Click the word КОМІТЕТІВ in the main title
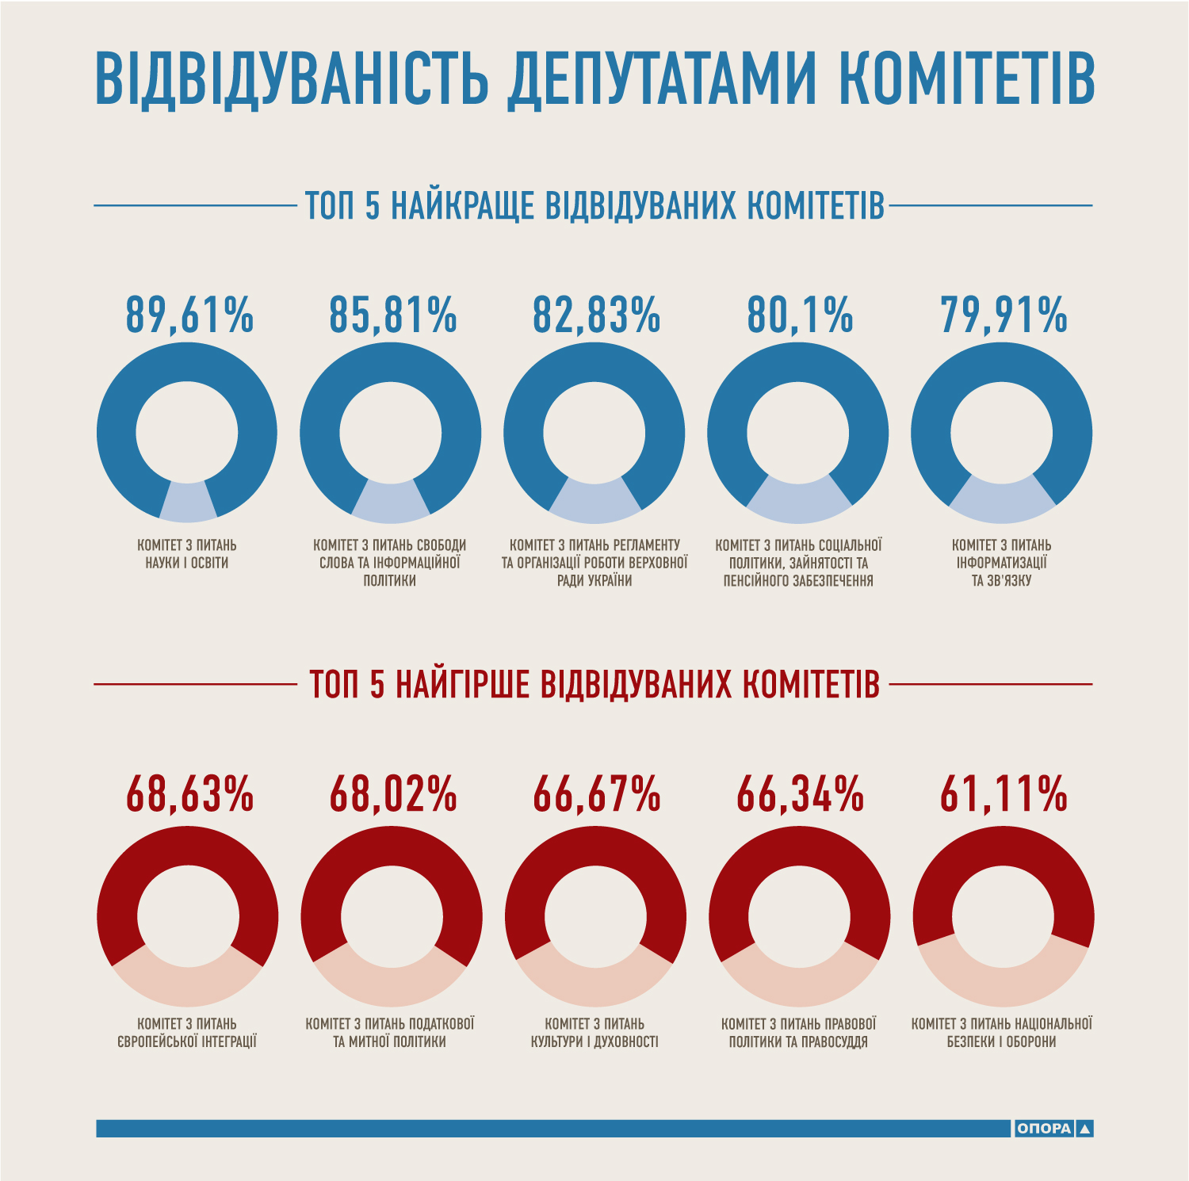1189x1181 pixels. tap(966, 79)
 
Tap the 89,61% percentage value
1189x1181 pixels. tap(189, 315)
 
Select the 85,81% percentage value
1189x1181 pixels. tap(393, 315)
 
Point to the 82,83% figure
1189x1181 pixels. tap(596, 315)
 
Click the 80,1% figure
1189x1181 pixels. tap(800, 315)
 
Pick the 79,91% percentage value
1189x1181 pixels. tap(1004, 315)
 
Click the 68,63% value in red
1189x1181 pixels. tap(189, 794)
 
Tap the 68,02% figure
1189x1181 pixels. tap(393, 794)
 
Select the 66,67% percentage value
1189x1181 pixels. tap(596, 794)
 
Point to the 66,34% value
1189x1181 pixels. tap(800, 794)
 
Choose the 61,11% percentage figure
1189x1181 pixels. tap(1004, 794)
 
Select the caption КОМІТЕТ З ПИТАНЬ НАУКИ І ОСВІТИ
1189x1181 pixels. tap(187, 554)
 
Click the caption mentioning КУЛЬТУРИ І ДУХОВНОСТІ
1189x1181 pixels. tap(594, 1033)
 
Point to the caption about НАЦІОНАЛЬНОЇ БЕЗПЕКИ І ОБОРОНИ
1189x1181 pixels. tap(1002, 1033)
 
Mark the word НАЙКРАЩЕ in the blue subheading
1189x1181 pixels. tap(463, 206)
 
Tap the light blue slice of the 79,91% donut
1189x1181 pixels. tap(1002, 501)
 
